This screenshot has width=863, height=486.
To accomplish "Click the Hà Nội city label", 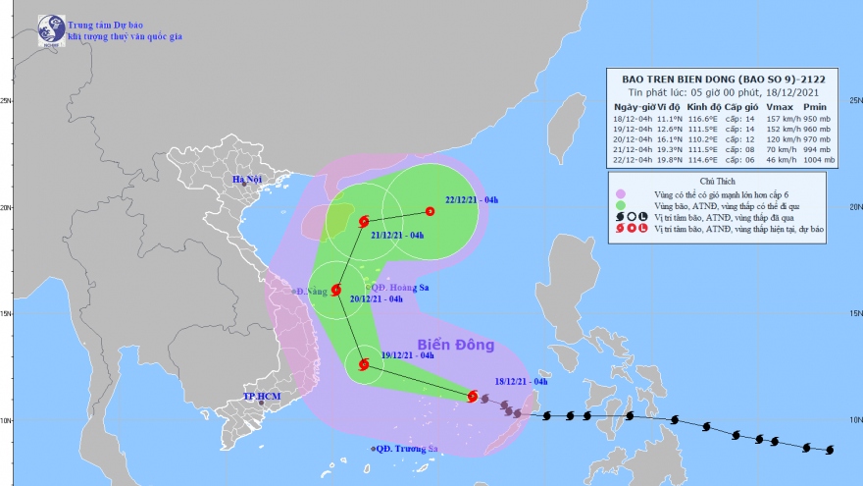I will coord(249,180).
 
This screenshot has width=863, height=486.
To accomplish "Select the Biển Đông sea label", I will coord(456,346).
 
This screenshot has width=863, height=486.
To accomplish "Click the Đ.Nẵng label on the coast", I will coord(309,292).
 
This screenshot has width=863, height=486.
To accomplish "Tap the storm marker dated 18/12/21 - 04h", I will coord(473,397).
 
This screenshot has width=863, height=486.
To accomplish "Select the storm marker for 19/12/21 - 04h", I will coord(364,365).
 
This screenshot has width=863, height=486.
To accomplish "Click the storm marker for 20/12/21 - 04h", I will coord(336,291).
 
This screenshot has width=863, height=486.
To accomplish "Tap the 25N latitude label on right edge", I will coord(853,100).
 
